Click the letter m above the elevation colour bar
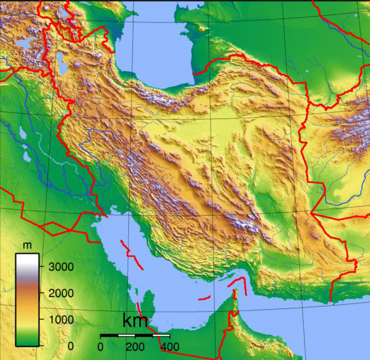27,245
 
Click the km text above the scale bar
135,321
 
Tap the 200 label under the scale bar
135,347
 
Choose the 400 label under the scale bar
169,347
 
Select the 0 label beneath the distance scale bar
100,347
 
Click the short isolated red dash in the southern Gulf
203,297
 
